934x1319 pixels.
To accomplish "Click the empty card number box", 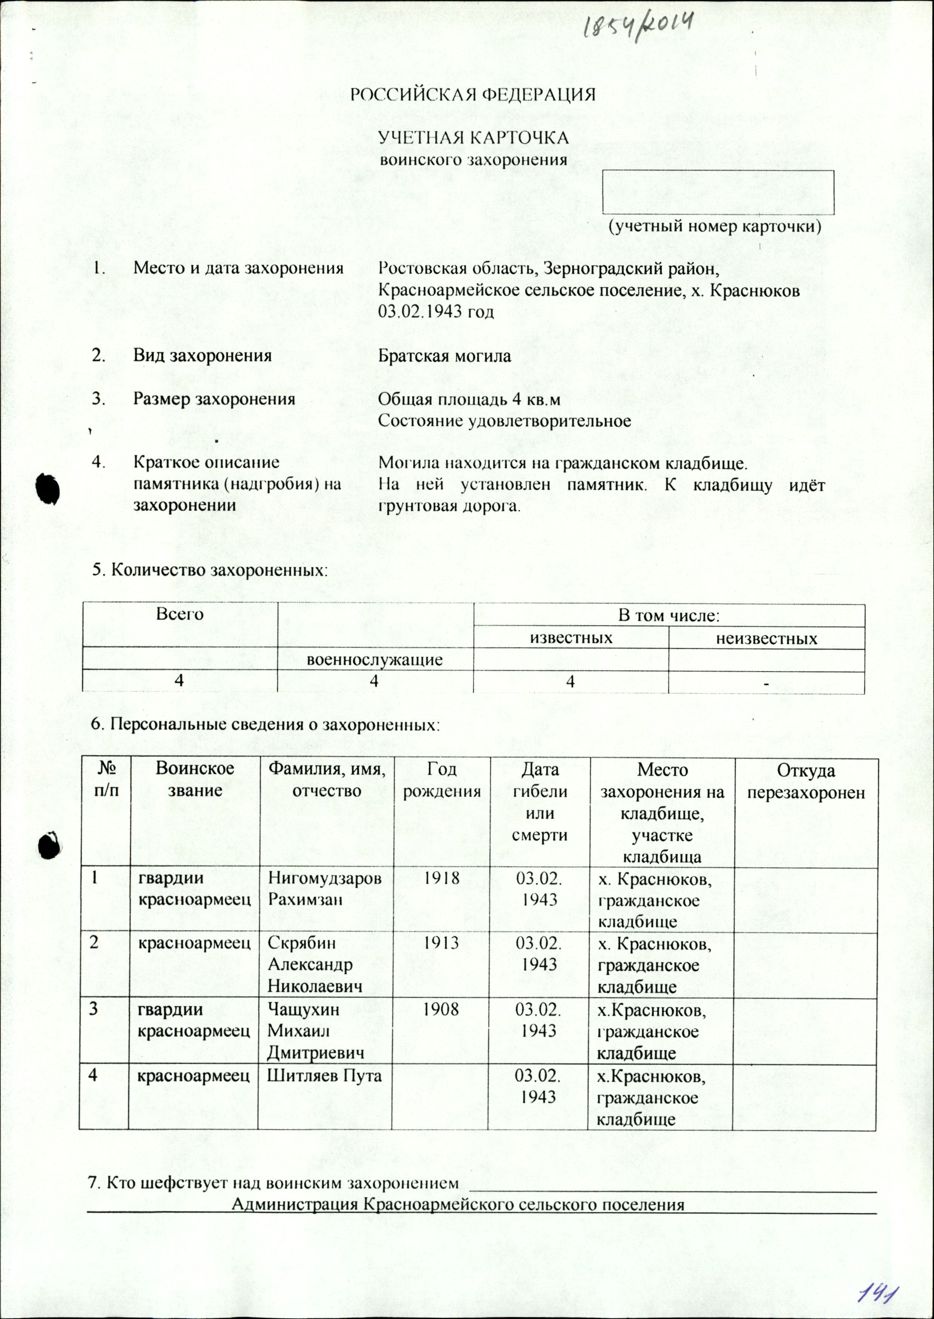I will coord(718,192).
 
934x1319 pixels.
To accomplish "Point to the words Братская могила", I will coord(444,355).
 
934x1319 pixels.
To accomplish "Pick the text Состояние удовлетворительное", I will coord(504,420).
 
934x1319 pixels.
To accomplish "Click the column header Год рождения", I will coord(442,781).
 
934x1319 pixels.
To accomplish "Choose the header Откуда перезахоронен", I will coord(805,781).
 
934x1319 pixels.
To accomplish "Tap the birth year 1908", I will coord(442,1010).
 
